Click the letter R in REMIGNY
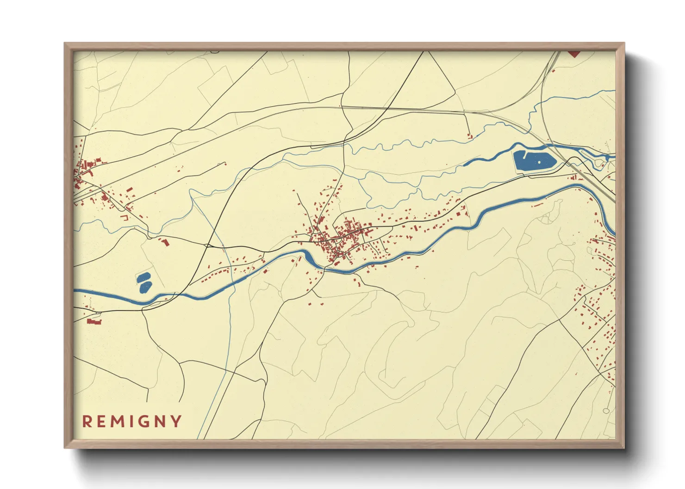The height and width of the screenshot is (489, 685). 87,422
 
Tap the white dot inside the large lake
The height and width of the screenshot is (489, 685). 539,162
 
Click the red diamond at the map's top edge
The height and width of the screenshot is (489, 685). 574,54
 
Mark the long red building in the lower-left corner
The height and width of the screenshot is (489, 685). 94,321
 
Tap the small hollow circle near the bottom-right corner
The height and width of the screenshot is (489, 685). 606,411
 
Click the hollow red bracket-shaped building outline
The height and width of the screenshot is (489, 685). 124,216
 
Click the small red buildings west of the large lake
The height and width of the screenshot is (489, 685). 470,136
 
